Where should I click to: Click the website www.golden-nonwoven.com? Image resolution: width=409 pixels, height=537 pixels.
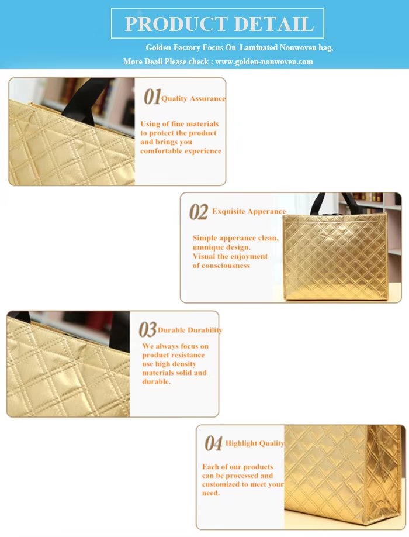(x=264, y=61)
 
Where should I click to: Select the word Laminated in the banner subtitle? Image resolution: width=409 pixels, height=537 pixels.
(x=258, y=47)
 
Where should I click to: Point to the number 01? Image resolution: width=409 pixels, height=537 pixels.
(x=152, y=97)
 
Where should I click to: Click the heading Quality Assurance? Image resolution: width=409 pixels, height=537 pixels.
(x=193, y=99)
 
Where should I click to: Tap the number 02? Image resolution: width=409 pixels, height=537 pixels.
(x=199, y=212)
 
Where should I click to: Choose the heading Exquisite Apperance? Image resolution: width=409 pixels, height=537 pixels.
(x=249, y=211)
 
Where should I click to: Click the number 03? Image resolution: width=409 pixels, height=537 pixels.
(x=148, y=329)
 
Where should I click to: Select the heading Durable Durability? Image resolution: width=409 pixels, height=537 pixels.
(x=190, y=330)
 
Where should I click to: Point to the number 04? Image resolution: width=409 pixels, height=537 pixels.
(x=214, y=443)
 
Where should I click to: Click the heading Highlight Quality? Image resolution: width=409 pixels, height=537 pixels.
(x=255, y=443)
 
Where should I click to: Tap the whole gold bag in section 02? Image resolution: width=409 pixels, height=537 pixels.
(x=335, y=247)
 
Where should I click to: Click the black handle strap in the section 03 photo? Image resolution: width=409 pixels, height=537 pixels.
(x=119, y=332)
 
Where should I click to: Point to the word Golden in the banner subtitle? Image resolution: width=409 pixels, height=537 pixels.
(x=158, y=47)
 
